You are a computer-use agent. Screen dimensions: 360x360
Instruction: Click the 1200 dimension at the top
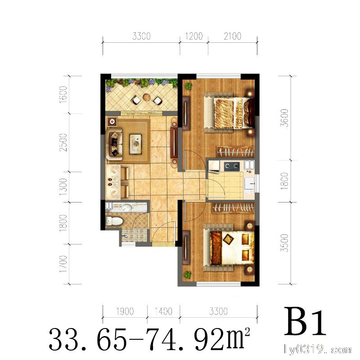(x=194, y=36)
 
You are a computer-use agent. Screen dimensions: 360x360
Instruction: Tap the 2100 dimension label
(x=233, y=36)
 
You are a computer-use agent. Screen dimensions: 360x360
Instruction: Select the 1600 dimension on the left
(x=63, y=94)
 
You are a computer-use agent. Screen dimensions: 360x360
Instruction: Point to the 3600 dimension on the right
(x=284, y=118)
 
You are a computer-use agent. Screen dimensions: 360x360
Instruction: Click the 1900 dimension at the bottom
(x=125, y=311)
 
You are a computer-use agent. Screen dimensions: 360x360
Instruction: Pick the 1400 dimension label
(x=163, y=311)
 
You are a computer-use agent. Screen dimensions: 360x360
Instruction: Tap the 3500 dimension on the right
(x=284, y=243)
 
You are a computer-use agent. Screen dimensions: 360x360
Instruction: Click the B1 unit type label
(x=306, y=322)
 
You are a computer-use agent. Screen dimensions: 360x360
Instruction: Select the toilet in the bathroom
(x=114, y=221)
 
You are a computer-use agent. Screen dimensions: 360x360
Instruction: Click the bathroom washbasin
(x=127, y=207)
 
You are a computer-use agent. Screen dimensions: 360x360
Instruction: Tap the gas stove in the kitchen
(x=232, y=166)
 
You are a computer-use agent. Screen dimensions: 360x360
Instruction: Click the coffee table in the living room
(x=136, y=144)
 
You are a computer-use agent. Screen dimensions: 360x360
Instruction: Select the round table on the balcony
(x=147, y=97)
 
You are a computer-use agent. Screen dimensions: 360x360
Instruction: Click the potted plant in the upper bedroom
(x=189, y=86)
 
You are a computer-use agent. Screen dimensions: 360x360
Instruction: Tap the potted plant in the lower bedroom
(x=188, y=274)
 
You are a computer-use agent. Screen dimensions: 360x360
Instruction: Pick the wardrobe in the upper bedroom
(x=236, y=152)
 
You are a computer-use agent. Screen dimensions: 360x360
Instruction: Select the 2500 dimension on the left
(x=63, y=142)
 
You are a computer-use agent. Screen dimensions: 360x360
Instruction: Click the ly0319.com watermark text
(x=317, y=349)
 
